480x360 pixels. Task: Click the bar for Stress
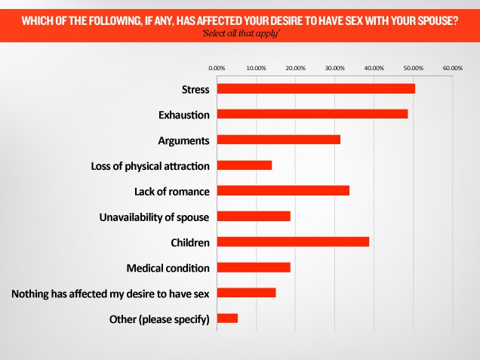point(315,88)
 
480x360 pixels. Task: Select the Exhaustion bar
point(312,114)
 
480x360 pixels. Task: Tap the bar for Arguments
point(278,140)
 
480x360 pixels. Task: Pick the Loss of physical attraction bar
point(244,165)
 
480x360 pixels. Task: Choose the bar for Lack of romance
point(283,190)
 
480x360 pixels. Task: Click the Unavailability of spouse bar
point(254,217)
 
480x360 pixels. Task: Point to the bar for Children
point(293,242)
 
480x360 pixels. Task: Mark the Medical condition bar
point(254,267)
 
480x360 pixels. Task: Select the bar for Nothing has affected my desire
point(246,293)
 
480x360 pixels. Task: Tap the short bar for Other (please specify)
point(227,318)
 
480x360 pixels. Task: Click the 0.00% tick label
point(217,68)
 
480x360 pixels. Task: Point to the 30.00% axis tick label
point(334,68)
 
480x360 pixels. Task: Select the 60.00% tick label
point(453,68)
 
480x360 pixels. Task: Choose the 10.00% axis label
point(256,68)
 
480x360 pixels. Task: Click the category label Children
point(190,242)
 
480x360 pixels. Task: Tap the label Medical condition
point(168,268)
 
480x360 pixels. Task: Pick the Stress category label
point(195,89)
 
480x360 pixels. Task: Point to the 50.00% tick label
point(414,68)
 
